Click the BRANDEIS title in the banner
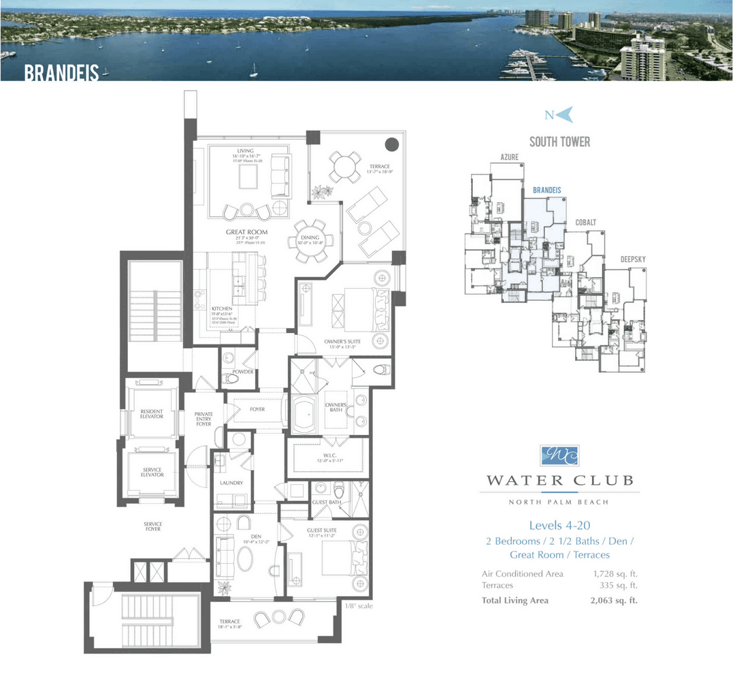[x=61, y=73]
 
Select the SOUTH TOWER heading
[x=559, y=142]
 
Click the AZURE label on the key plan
[x=510, y=157]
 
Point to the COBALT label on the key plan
[x=585, y=223]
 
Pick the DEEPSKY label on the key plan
[x=633, y=259]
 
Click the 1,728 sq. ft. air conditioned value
[x=615, y=574]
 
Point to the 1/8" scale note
[x=359, y=606]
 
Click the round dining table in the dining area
[x=315, y=240]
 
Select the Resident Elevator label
[x=152, y=414]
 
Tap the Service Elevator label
[x=152, y=472]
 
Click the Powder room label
[x=243, y=372]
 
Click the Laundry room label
[x=231, y=483]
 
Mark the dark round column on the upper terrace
[x=392, y=144]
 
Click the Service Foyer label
[x=152, y=526]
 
